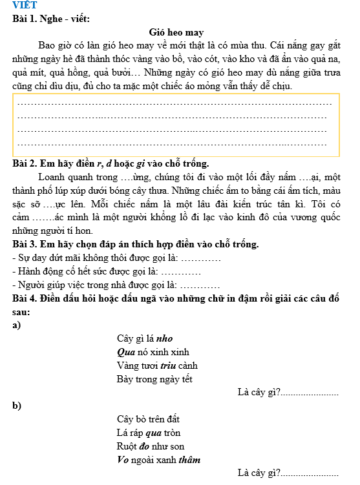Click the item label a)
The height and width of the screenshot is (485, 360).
coord(16,325)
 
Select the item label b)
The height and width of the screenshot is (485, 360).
coord(16,406)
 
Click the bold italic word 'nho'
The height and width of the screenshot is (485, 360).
coord(164,338)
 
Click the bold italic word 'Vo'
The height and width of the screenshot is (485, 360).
coord(123,460)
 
